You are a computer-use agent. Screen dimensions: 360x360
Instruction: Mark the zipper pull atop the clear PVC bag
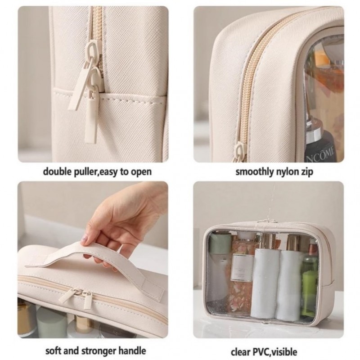(x=269, y=220)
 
